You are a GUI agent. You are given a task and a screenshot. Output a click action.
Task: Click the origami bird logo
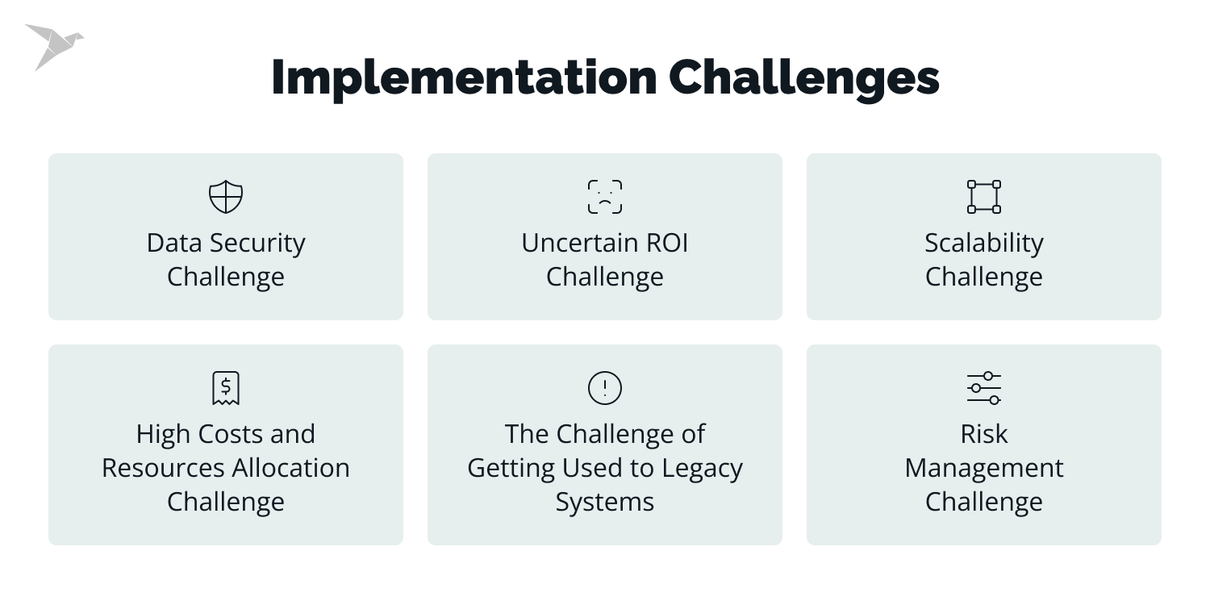pyautogui.click(x=52, y=45)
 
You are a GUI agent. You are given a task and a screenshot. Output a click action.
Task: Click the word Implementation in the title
pyautogui.click(x=463, y=78)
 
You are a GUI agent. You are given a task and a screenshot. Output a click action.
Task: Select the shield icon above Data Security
pyautogui.click(x=226, y=197)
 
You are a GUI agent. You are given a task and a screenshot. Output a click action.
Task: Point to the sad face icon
pyautogui.click(x=605, y=197)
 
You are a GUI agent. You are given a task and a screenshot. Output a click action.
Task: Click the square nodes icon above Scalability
pyautogui.click(x=984, y=197)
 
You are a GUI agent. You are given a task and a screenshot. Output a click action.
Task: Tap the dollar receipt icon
pyautogui.click(x=226, y=388)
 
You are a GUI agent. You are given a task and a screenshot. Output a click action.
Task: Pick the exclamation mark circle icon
pyautogui.click(x=605, y=388)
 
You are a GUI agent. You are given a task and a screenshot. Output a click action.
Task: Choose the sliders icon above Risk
pyautogui.click(x=984, y=388)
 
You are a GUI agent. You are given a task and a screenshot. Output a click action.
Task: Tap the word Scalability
pyautogui.click(x=984, y=243)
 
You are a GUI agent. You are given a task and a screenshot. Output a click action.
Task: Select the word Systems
pyautogui.click(x=605, y=502)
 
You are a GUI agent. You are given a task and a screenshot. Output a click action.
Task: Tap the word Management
pyautogui.click(x=984, y=468)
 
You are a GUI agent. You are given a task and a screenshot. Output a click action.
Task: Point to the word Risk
pyautogui.click(x=984, y=434)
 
